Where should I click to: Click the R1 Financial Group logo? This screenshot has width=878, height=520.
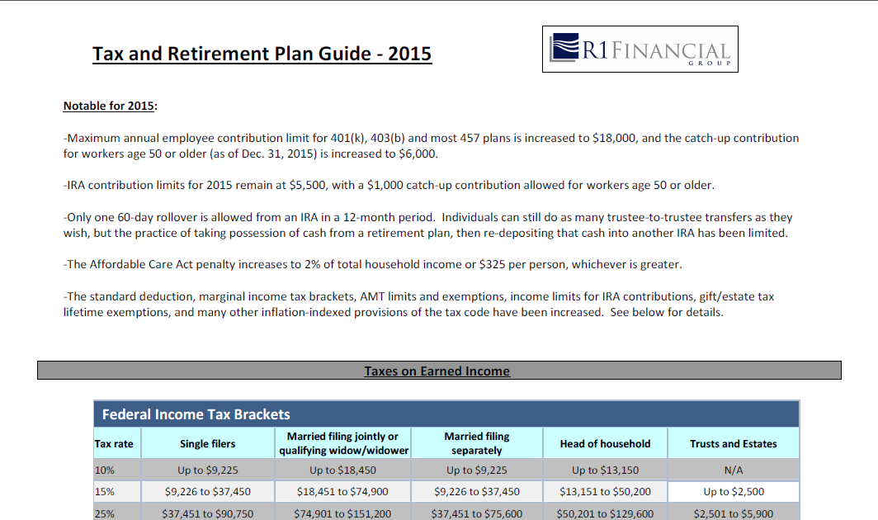tap(640, 50)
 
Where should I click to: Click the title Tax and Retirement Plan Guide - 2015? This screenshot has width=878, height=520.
tap(262, 54)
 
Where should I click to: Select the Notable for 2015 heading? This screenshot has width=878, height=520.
tap(111, 106)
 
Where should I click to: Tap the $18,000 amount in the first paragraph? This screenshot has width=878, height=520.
tap(614, 138)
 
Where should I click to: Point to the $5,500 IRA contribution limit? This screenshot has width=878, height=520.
tap(308, 185)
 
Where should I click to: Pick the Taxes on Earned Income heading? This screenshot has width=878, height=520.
tap(437, 371)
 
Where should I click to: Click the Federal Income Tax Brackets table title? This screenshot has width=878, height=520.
tap(196, 414)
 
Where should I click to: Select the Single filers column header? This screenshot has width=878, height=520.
tap(208, 444)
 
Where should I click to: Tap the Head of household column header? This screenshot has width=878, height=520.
tap(606, 444)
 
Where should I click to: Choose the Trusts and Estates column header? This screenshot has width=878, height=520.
tap(734, 444)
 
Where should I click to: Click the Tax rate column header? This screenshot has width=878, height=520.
tap(114, 444)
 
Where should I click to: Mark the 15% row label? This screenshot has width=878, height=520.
tap(105, 491)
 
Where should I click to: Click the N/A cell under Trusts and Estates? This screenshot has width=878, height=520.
tap(734, 470)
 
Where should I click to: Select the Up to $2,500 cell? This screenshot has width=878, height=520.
tap(734, 491)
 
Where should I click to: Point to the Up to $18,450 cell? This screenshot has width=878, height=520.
tap(342, 470)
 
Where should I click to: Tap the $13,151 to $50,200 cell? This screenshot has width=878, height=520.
tap(606, 491)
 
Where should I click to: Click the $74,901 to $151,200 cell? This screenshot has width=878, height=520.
tap(342, 513)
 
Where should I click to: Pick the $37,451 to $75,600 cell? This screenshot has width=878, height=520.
tap(476, 513)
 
